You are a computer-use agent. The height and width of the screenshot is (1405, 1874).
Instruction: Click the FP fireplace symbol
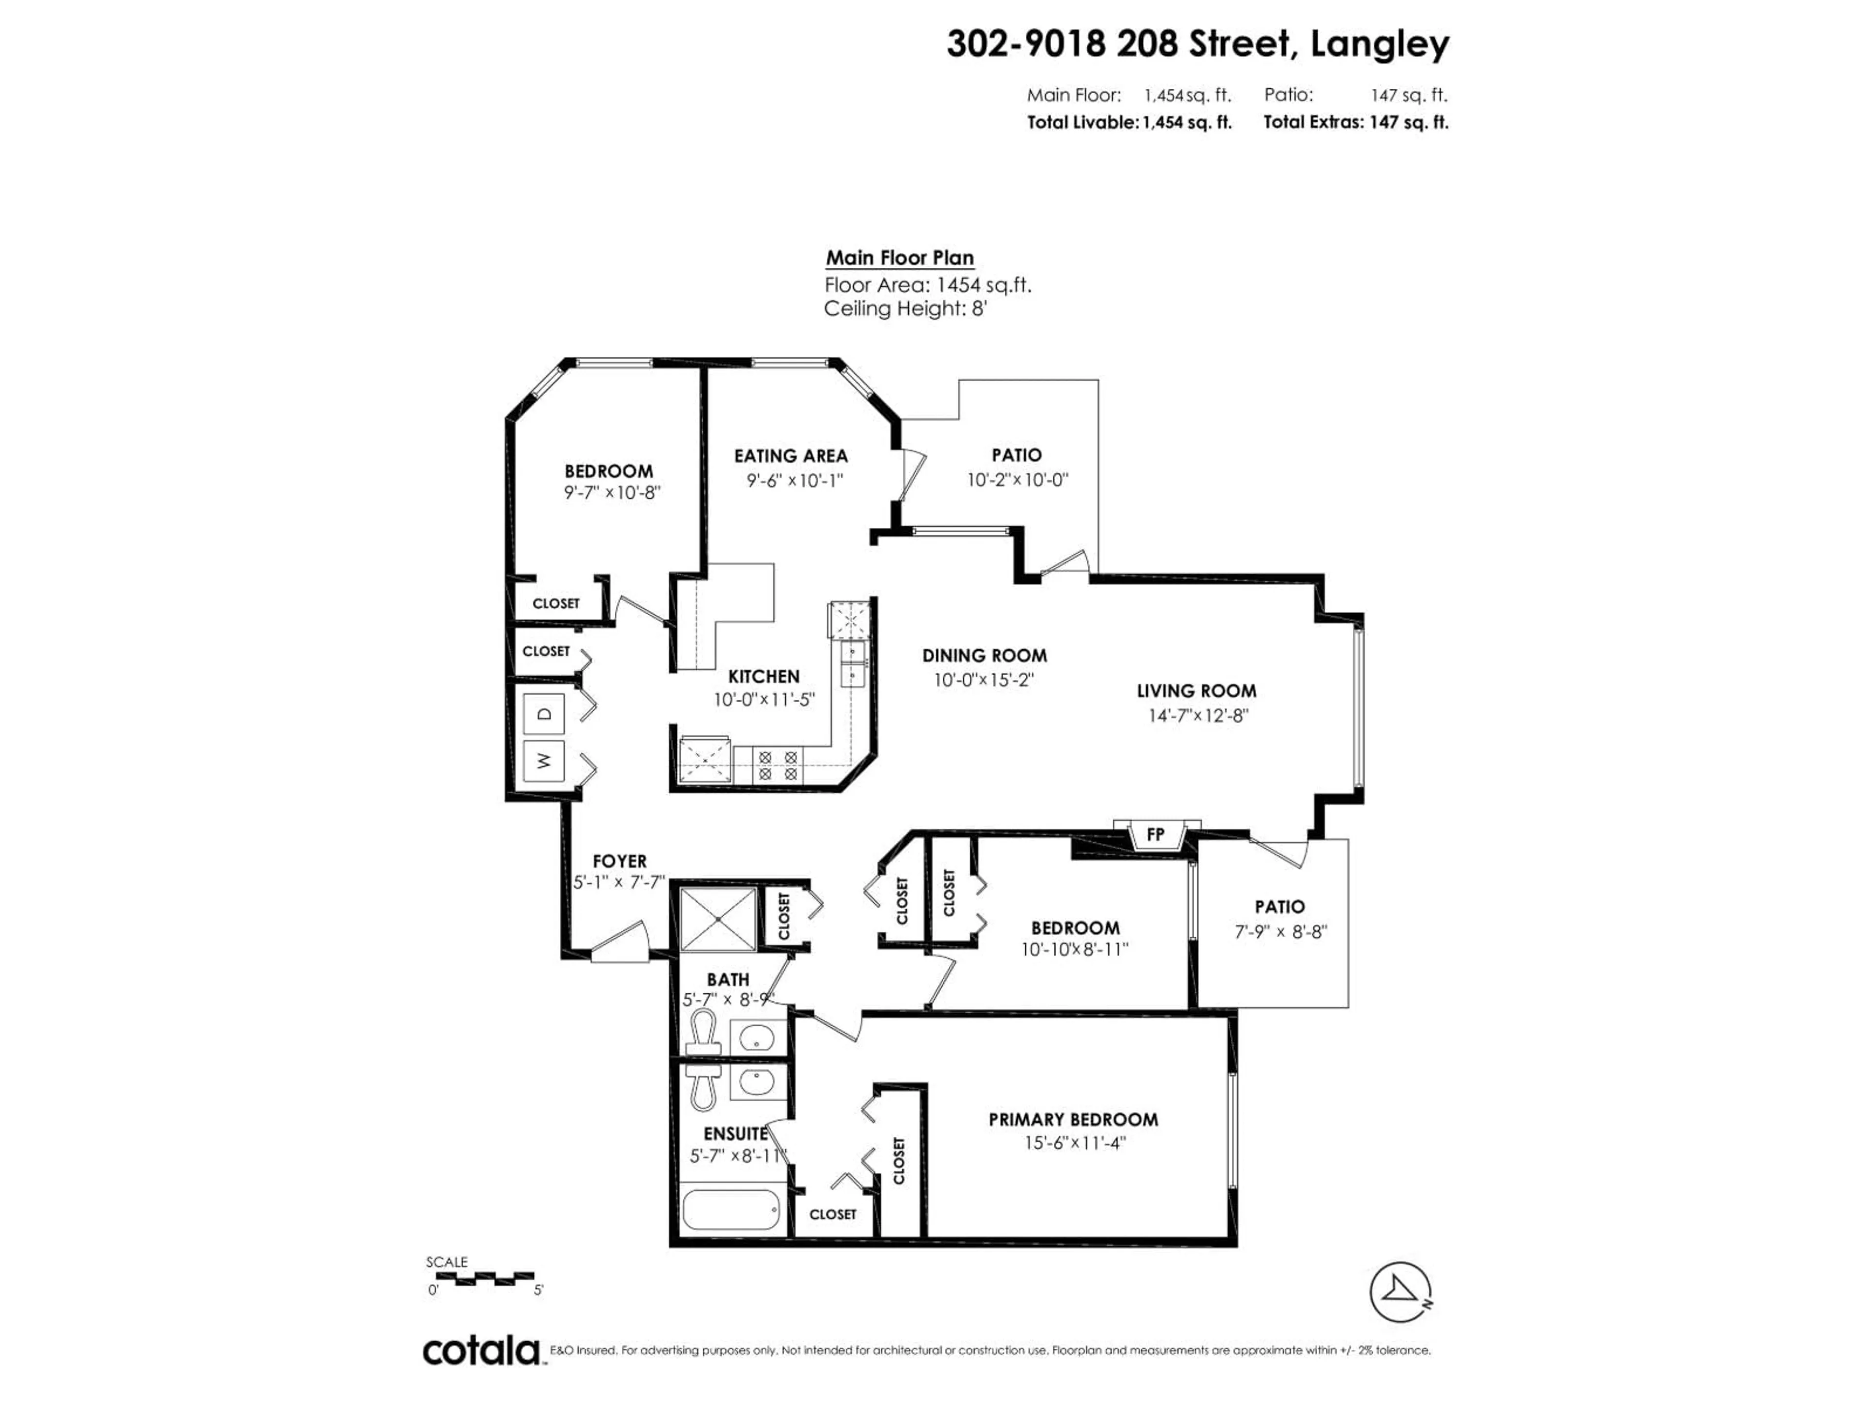[x=1156, y=834]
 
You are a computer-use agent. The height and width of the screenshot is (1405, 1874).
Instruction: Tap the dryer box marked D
[x=545, y=713]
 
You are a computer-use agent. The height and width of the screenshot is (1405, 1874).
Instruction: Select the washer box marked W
[x=545, y=761]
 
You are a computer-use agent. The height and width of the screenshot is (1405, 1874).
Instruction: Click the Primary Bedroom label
[x=1073, y=1120]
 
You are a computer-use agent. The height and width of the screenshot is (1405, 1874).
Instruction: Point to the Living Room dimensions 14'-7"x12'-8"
[x=1198, y=716]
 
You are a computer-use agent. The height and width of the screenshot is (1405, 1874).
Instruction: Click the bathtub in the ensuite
[x=730, y=1210]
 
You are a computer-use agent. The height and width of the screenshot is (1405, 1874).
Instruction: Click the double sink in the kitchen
[x=851, y=663]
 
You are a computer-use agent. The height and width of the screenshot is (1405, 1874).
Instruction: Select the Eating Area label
[x=791, y=456]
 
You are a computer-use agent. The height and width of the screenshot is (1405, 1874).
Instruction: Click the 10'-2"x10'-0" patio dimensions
[x=1018, y=480]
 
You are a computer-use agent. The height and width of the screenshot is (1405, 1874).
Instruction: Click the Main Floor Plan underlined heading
[x=900, y=258]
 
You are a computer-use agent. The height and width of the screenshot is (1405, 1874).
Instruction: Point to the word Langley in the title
[x=1379, y=44]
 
